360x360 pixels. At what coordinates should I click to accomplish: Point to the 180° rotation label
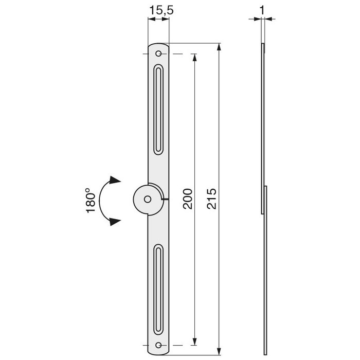(x=91, y=201)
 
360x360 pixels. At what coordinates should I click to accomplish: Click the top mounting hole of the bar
(x=159, y=54)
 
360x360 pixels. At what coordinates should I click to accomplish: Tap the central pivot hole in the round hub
(x=147, y=199)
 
